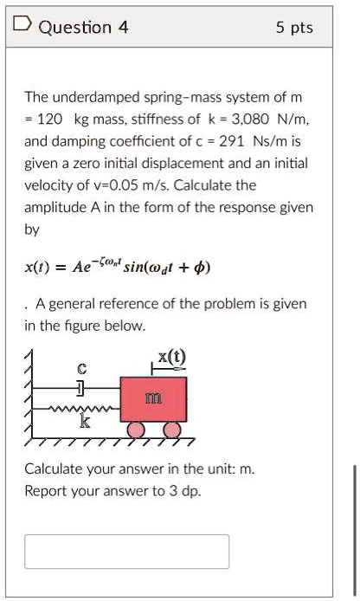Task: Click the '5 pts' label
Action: (x=294, y=28)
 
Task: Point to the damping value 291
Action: (x=234, y=141)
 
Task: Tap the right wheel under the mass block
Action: (x=171, y=429)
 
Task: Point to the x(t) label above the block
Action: (x=171, y=357)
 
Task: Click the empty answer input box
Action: (x=126, y=552)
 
